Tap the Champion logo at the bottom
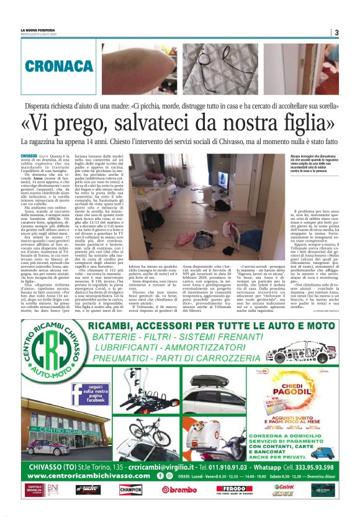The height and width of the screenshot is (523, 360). click(130, 489)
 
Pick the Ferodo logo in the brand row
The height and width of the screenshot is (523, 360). click(233, 489)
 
